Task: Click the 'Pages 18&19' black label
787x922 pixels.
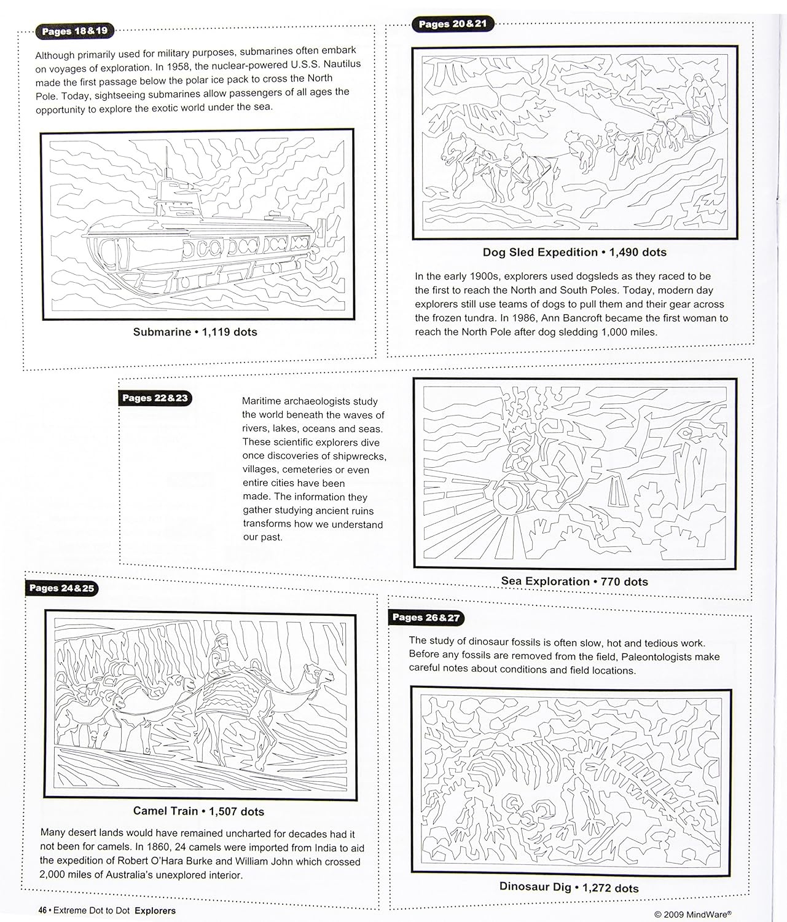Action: pos(75,31)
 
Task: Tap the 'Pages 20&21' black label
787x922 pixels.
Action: pos(453,23)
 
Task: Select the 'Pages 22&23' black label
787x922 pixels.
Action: pos(155,398)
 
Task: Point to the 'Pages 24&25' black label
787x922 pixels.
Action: pos(61,588)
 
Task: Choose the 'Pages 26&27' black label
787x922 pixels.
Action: pos(426,618)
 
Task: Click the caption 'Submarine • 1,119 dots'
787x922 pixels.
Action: pos(195,332)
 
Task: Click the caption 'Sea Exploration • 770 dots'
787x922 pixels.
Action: pos(574,581)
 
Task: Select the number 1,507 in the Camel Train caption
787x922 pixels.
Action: pos(223,811)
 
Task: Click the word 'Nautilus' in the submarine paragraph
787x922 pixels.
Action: pos(342,64)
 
